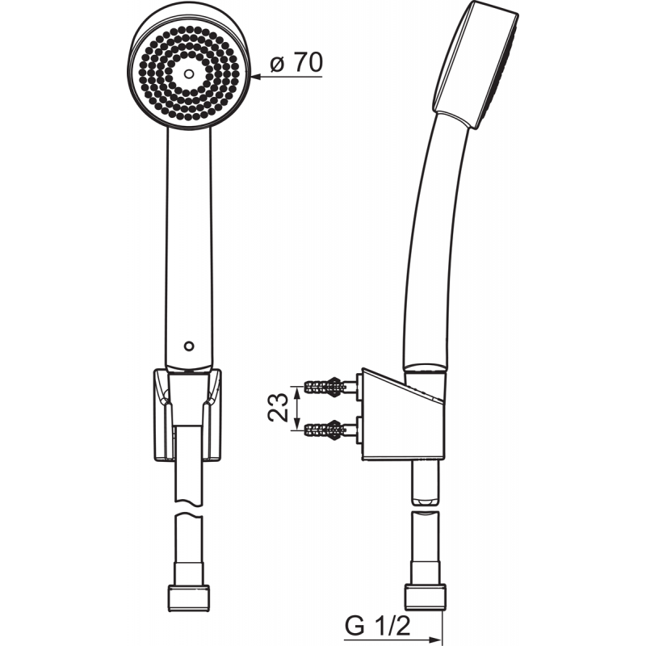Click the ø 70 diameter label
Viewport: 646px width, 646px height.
click(x=296, y=63)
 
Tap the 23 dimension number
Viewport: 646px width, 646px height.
click(x=278, y=408)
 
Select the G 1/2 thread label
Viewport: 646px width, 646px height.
click(x=378, y=627)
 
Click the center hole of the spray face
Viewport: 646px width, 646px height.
click(x=189, y=74)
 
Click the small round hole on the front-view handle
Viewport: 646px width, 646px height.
click(x=189, y=346)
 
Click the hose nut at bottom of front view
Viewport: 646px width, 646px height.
click(x=189, y=598)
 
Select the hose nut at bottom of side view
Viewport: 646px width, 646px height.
click(x=426, y=597)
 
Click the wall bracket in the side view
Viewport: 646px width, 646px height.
click(x=403, y=415)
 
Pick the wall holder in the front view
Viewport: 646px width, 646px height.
click(x=187, y=415)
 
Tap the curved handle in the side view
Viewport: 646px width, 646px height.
click(x=434, y=243)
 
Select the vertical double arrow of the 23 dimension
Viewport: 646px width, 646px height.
click(x=296, y=409)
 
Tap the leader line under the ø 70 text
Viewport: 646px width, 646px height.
click(x=287, y=77)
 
